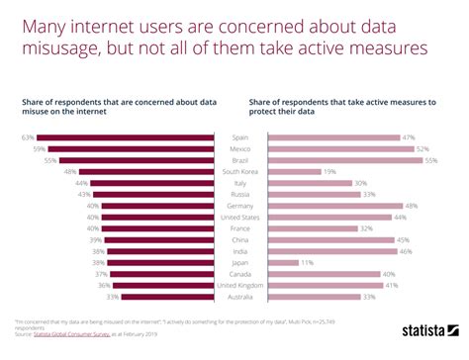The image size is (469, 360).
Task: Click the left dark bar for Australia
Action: pyautogui.click(x=165, y=298)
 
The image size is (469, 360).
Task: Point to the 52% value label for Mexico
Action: pyautogui.click(x=423, y=148)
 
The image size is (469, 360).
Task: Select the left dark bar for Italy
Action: pyautogui.click(x=153, y=183)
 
